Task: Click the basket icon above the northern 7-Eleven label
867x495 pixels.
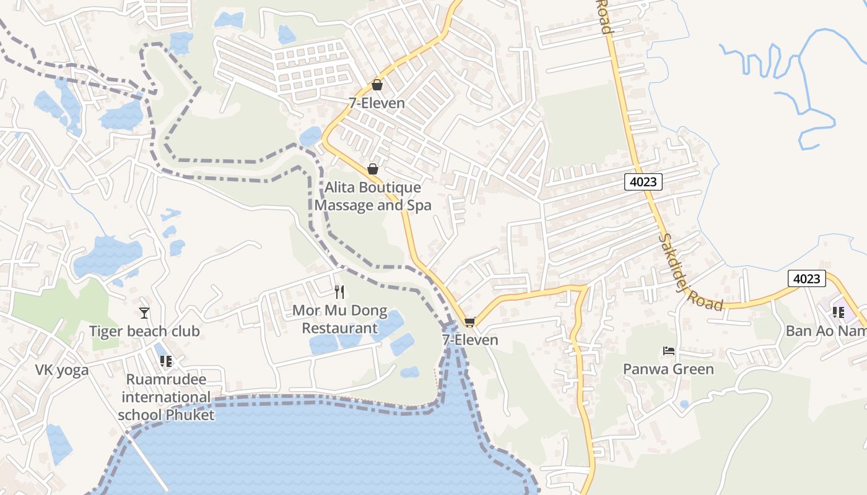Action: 377,85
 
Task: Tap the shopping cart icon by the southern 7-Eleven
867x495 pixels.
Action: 469,322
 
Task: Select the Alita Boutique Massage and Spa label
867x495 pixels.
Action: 373,196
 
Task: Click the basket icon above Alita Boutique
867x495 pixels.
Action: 373,169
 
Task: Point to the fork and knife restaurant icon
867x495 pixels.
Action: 339,291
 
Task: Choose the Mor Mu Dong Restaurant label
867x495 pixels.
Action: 339,319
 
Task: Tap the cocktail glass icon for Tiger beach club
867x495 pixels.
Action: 144,313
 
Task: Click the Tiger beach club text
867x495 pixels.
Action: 144,332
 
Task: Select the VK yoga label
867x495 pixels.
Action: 62,371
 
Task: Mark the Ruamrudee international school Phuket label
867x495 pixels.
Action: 167,397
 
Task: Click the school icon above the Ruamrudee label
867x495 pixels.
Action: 165,361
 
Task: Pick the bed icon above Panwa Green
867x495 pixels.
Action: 669,351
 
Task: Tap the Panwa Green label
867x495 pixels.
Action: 668,369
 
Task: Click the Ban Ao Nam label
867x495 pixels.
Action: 826,331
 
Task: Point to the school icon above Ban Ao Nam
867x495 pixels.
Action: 839,312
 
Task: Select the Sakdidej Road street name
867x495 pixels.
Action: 691,272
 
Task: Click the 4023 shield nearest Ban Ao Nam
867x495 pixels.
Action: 807,279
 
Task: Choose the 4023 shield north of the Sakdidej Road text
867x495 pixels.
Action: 643,182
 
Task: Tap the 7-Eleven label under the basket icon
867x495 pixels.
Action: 377,103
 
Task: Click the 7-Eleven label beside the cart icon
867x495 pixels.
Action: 470,340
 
